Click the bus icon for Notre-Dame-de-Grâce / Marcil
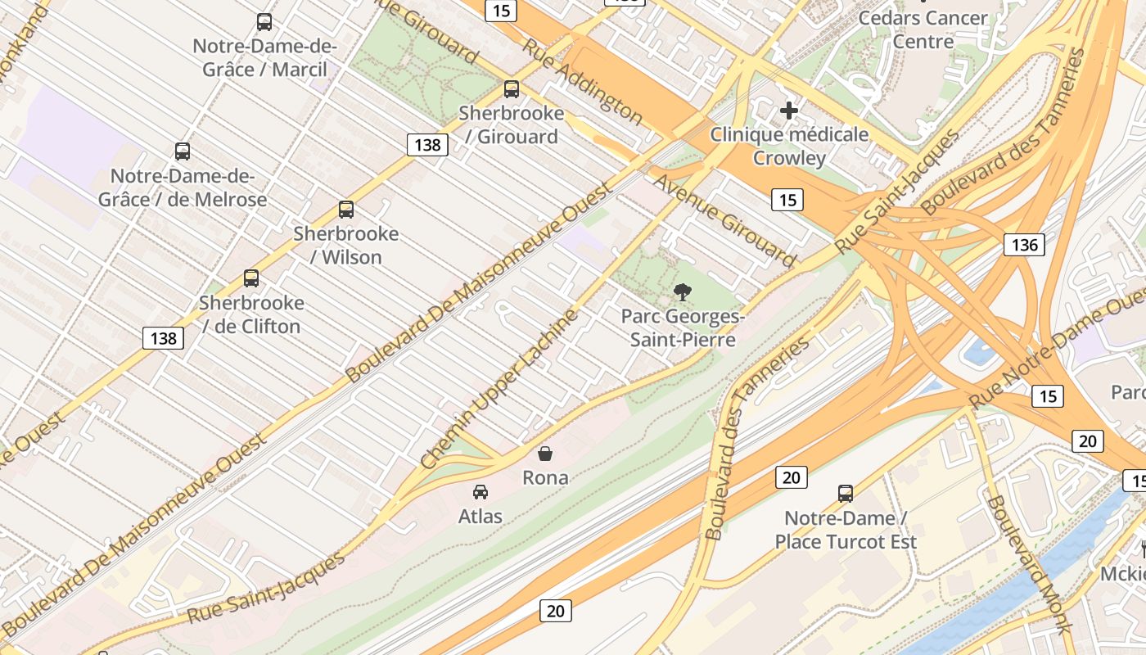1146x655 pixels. pyautogui.click(x=264, y=22)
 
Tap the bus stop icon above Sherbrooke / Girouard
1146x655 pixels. pyautogui.click(x=512, y=89)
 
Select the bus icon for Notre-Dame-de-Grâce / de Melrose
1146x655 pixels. pyautogui.click(x=183, y=151)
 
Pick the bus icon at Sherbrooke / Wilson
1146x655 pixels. pyautogui.click(x=346, y=210)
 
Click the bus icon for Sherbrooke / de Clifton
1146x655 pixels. pyautogui.click(x=251, y=278)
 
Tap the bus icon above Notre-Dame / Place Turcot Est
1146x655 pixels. pyautogui.click(x=846, y=494)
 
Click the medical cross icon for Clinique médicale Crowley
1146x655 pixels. pyautogui.click(x=789, y=110)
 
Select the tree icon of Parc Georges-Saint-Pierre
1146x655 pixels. pyautogui.click(x=682, y=291)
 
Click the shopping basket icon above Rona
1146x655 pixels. pyautogui.click(x=545, y=453)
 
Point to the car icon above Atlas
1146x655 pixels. pyautogui.click(x=481, y=492)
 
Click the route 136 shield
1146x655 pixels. pyautogui.click(x=1024, y=244)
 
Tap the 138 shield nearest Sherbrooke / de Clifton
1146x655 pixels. pyautogui.click(x=163, y=337)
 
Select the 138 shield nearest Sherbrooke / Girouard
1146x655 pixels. pyautogui.click(x=427, y=145)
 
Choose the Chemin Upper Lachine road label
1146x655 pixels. pyautogui.click(x=499, y=389)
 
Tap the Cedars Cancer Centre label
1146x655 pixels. pyautogui.click(x=923, y=29)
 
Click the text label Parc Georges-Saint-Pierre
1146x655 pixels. pyautogui.click(x=682, y=327)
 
